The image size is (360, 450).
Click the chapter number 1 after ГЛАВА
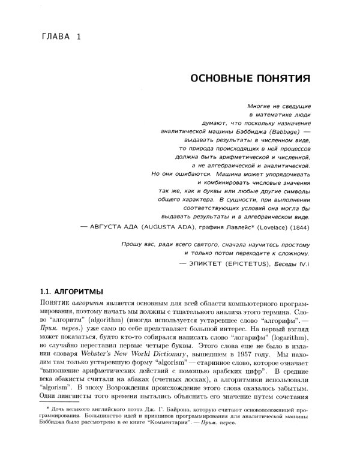click(x=78, y=38)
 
